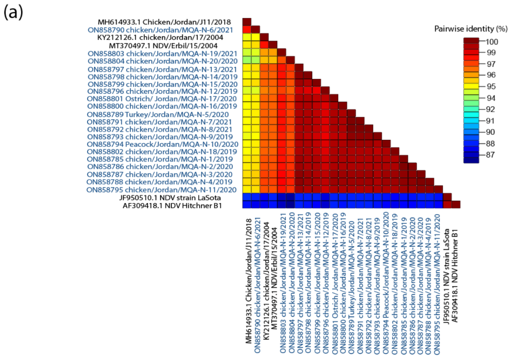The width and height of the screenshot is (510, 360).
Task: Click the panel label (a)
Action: click(x=13, y=12)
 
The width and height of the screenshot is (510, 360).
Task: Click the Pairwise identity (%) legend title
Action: click(x=471, y=29)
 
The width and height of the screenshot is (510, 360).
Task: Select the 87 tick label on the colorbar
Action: click(x=490, y=155)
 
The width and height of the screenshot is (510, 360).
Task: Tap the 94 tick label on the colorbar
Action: click(x=491, y=98)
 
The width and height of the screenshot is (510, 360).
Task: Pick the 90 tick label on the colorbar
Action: click(x=490, y=132)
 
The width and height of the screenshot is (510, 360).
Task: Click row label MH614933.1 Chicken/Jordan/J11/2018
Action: click(x=164, y=22)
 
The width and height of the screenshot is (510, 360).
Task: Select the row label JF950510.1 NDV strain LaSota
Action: click(x=170, y=198)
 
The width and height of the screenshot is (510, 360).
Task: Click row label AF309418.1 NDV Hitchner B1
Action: click(x=172, y=206)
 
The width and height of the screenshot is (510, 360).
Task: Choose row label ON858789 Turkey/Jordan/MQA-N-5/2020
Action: click(x=158, y=115)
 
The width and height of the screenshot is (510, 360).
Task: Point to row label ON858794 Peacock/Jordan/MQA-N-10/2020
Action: click(x=163, y=144)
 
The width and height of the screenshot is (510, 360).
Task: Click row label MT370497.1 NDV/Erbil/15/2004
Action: click(x=163, y=46)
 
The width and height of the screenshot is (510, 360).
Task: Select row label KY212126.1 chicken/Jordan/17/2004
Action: click(x=160, y=38)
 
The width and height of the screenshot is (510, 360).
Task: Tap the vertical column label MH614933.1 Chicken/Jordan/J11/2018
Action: click(x=248, y=281)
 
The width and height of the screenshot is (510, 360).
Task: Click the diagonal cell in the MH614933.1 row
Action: click(x=247, y=22)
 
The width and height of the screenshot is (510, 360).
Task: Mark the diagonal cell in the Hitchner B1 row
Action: click(x=456, y=204)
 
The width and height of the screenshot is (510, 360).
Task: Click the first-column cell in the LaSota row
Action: click(x=247, y=197)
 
